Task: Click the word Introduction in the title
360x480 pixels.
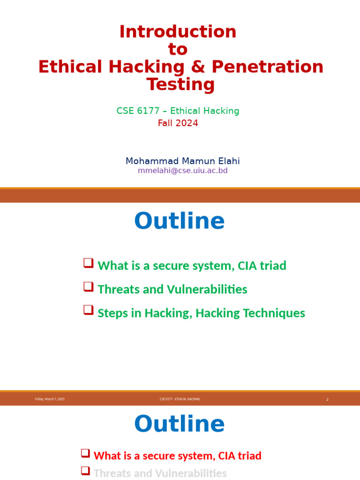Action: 178,32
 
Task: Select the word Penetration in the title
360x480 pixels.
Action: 268,67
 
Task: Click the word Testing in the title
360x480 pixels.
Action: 180,85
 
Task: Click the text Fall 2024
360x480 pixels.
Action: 178,123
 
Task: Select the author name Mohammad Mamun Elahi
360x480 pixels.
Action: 182,161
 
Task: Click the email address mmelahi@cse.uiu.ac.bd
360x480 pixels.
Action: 182,171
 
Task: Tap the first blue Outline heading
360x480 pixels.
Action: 179,221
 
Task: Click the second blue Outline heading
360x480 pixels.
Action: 179,424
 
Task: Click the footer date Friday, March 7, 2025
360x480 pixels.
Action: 50,399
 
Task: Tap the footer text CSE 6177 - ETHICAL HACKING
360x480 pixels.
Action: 180,399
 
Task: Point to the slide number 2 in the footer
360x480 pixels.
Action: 327,399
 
